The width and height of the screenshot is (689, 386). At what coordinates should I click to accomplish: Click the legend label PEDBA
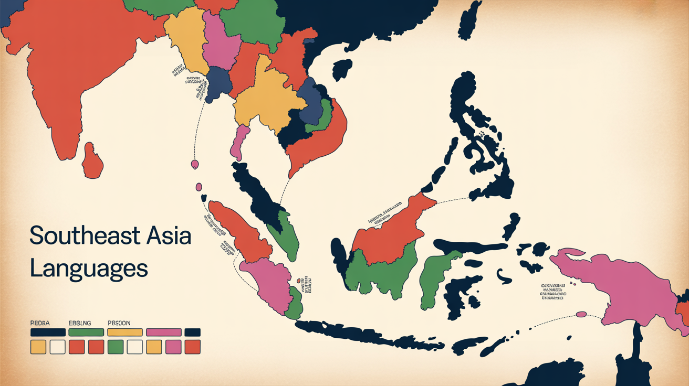point(40,323)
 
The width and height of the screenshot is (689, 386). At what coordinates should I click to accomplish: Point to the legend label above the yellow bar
point(119,323)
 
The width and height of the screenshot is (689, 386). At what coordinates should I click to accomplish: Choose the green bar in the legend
point(86,332)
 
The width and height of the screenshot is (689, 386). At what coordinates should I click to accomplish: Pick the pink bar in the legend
point(163,332)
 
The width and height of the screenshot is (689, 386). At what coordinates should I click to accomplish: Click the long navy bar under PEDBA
point(48,332)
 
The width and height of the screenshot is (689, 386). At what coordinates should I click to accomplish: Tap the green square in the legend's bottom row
point(115,347)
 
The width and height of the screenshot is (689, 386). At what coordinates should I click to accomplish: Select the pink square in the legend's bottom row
point(173,347)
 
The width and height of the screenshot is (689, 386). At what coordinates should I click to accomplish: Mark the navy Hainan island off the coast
point(342,69)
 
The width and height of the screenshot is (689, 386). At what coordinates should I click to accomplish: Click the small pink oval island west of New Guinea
point(581,314)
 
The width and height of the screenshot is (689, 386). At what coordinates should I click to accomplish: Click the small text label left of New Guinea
point(554,291)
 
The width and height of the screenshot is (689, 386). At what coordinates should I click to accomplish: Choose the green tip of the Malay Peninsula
point(286,236)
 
